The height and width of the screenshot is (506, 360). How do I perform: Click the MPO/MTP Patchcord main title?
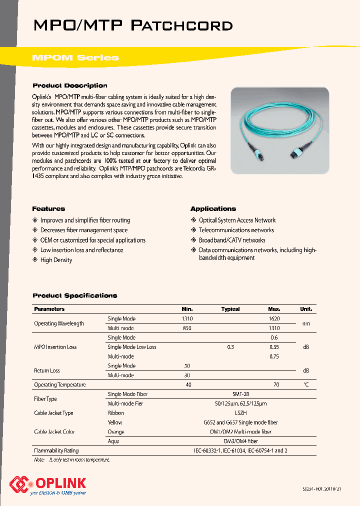[x=132, y=25]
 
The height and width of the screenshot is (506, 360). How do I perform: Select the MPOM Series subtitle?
[x=75, y=57]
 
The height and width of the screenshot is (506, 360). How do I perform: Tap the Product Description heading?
[x=69, y=85]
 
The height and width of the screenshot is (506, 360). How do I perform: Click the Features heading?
[x=48, y=208]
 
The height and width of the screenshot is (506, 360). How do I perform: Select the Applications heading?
[x=213, y=208]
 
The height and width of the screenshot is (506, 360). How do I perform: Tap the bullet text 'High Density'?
[x=56, y=260]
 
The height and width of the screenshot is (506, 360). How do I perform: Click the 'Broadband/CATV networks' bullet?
[x=232, y=240]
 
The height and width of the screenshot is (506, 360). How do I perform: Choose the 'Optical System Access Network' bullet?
[x=237, y=220]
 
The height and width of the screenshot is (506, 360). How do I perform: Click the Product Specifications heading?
[x=74, y=295]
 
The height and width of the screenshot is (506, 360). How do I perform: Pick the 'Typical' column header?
[x=230, y=309]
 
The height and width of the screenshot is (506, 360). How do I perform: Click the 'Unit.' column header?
[x=305, y=309]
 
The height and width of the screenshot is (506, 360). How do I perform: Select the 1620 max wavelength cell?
[x=273, y=318]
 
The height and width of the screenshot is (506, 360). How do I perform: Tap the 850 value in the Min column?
[x=187, y=328]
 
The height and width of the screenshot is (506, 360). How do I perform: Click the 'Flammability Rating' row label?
[x=56, y=450]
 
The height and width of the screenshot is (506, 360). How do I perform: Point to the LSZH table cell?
[x=241, y=413]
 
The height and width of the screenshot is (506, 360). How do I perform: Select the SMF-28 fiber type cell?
[x=241, y=394]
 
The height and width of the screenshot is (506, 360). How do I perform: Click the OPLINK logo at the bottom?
[x=48, y=484]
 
